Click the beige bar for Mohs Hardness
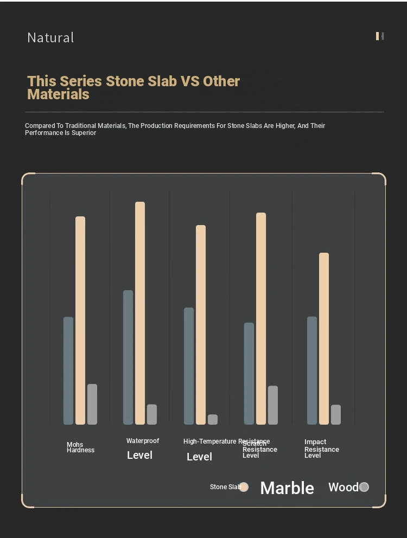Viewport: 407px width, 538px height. click(x=80, y=320)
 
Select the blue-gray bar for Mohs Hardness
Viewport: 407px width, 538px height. click(x=68, y=370)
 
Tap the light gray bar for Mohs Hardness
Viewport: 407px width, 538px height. click(x=92, y=404)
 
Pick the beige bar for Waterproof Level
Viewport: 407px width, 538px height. click(x=140, y=313)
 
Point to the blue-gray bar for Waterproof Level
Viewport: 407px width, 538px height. click(x=128, y=357)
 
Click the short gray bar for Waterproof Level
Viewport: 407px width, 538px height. click(x=152, y=414)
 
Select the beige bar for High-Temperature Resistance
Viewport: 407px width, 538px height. click(x=201, y=324)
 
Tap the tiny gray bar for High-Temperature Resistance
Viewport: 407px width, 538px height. click(x=213, y=419)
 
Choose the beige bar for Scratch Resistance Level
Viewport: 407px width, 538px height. click(x=261, y=318)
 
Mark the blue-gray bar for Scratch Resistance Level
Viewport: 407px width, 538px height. click(x=249, y=373)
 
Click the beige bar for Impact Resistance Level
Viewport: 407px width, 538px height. click(x=324, y=338)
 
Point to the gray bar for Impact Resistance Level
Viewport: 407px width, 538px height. click(x=336, y=414)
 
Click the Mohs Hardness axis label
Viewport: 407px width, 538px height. click(x=80, y=447)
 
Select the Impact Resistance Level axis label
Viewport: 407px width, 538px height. click(x=321, y=449)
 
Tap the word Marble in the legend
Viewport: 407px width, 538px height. click(x=287, y=488)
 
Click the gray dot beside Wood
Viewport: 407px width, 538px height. click(x=364, y=487)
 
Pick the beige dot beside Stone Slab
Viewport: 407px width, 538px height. click(x=244, y=487)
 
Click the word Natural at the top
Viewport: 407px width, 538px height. click(x=50, y=37)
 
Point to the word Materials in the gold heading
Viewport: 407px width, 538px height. click(x=58, y=94)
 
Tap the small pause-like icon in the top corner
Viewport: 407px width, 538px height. click(x=380, y=36)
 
